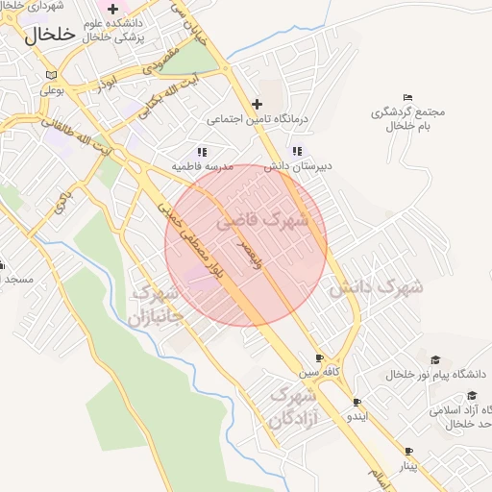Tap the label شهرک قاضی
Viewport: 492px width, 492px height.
[261, 220]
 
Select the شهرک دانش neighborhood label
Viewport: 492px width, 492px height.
[377, 286]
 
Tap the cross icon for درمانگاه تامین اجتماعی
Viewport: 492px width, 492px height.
[257, 104]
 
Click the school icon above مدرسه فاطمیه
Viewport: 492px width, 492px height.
[202, 152]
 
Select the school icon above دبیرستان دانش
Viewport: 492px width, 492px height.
[297, 151]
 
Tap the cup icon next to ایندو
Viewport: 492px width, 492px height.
[357, 403]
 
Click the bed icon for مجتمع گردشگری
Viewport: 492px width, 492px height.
[408, 97]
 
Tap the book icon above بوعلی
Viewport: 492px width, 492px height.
[51, 75]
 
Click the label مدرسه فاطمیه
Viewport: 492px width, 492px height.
[203, 166]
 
